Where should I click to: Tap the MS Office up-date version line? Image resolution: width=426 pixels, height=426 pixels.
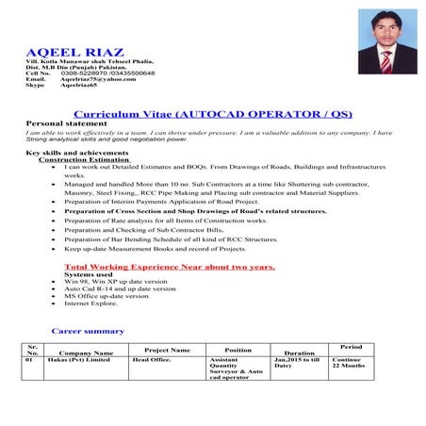pyautogui.click(x=106, y=297)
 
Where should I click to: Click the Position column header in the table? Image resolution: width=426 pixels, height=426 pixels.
pyautogui.click(x=238, y=350)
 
